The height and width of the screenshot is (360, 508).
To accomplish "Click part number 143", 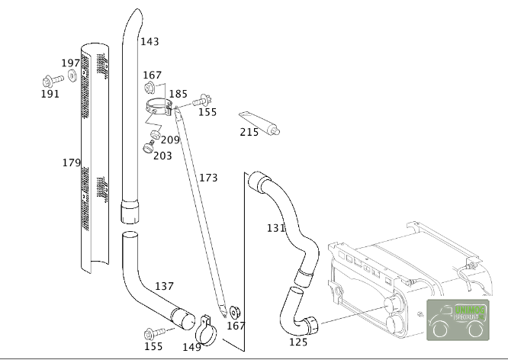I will pyautogui.click(x=150, y=41).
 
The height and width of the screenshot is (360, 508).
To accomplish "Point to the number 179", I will pyautogui.click(x=71, y=162).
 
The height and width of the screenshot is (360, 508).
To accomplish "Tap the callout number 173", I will pyautogui.click(x=208, y=178).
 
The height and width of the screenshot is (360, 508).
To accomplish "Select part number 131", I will pyautogui.click(x=275, y=227).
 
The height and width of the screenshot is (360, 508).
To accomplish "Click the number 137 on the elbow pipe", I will pyautogui.click(x=165, y=286).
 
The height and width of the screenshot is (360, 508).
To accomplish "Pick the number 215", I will pyautogui.click(x=249, y=132).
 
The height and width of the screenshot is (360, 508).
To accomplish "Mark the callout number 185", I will pyautogui.click(x=178, y=95).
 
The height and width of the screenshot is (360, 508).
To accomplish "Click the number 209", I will pyautogui.click(x=170, y=140).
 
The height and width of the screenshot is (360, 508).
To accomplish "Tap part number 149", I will pyautogui.click(x=191, y=347).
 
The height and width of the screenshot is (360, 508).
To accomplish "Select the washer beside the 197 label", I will pyautogui.click(x=72, y=76).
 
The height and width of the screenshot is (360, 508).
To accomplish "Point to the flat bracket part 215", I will pyautogui.click(x=259, y=122).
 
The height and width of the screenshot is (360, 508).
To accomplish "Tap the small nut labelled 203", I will pyautogui.click(x=147, y=146).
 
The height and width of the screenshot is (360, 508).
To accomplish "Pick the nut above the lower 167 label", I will pyautogui.click(x=234, y=310).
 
